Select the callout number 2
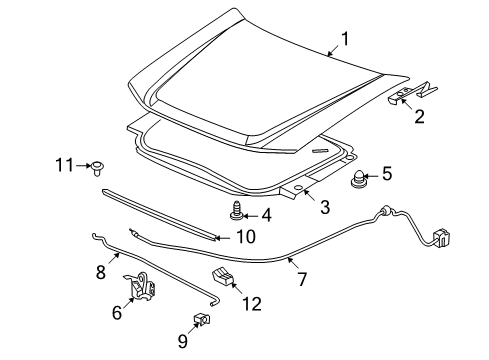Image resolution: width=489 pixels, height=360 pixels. click(419, 116)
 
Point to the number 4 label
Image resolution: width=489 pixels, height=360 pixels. click(265, 214)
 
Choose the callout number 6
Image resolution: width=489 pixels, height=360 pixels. click(116, 312)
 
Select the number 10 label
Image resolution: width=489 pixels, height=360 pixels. click(245, 237)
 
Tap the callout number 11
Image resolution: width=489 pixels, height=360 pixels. click(65, 165)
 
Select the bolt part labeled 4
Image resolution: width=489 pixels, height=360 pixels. click(236, 211)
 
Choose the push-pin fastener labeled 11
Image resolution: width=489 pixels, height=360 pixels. click(102, 166)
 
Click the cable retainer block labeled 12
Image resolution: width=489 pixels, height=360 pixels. click(222, 279)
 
